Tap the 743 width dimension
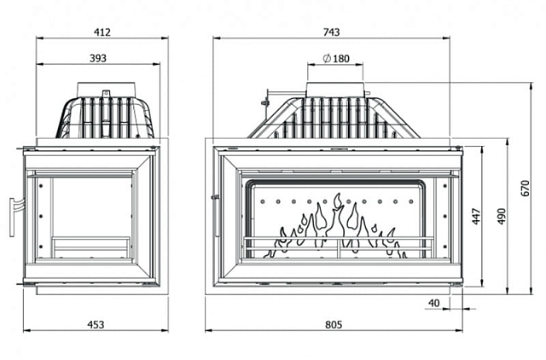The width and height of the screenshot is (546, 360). coord(332,32)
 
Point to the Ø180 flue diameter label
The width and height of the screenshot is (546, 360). coord(338,59)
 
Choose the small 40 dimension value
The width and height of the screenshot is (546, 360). coord(433,302)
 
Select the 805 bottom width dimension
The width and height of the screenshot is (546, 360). coord(334,324)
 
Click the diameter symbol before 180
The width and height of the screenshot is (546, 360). coord(328,59)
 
